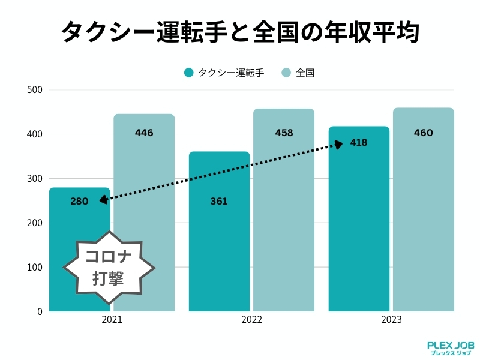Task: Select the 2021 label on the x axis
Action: [x=112, y=320]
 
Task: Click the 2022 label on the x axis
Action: [x=251, y=320]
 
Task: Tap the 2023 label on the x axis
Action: [x=391, y=320]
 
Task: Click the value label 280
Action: [x=79, y=201]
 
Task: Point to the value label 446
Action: [x=144, y=133]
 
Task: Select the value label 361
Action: [x=219, y=201]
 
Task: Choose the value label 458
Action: [x=284, y=133]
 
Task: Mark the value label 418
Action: [x=359, y=143]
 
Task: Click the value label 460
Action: [x=423, y=133]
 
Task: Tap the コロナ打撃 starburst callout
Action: [x=109, y=266]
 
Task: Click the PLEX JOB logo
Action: [x=451, y=349]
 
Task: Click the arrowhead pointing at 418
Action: [x=338, y=144]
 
